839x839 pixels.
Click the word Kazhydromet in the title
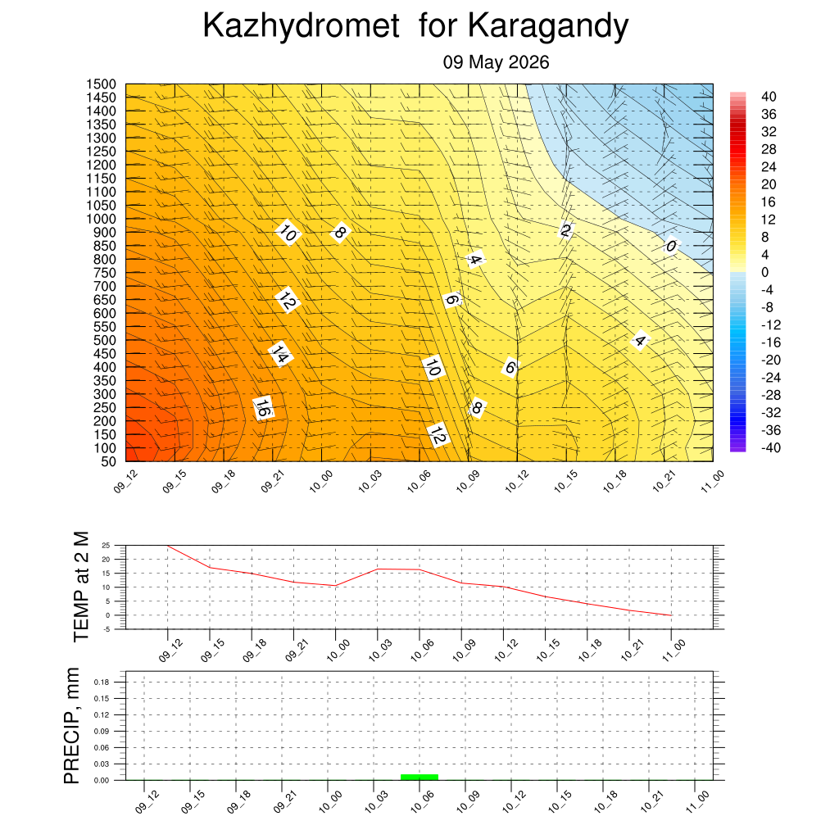301,26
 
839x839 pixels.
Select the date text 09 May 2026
496,62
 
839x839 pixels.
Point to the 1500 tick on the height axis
101,84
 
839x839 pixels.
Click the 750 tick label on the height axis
105,273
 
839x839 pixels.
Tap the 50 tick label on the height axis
109,462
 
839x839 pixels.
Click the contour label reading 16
263,408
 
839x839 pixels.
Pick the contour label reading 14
280,354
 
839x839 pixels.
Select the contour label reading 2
565,230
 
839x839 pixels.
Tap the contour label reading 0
670,246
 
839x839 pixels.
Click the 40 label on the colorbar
769,97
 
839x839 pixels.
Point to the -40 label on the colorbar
770,448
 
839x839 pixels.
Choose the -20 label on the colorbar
770,361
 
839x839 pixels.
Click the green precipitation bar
419,777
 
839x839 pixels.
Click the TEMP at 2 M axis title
81,587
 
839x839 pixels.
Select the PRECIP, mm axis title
71,726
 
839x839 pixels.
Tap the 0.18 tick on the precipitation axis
101,683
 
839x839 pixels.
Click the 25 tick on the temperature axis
106,546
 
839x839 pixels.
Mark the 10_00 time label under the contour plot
321,481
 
